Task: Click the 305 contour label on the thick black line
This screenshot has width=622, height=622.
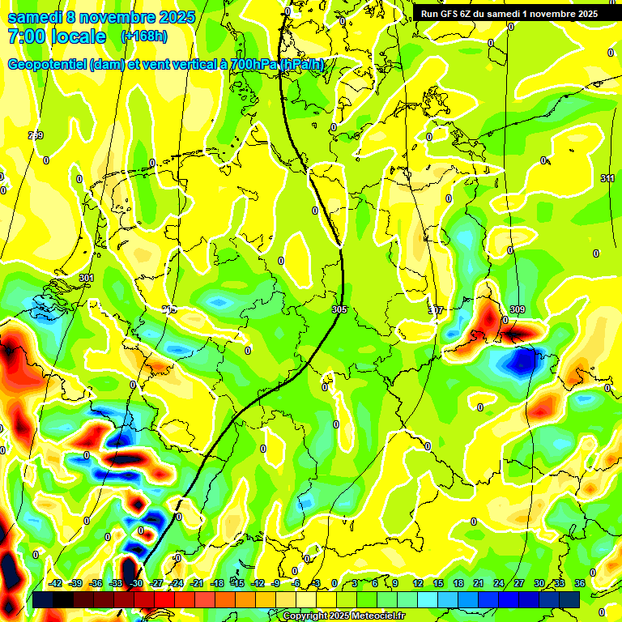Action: click(339, 310)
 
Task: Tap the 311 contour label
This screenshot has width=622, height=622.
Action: click(607, 178)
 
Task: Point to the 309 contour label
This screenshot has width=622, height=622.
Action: click(518, 310)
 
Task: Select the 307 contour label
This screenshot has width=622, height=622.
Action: click(436, 310)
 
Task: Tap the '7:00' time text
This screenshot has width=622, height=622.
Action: click(30, 36)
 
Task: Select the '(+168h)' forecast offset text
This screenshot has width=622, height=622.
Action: click(143, 36)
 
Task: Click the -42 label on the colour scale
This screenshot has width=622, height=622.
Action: click(55, 583)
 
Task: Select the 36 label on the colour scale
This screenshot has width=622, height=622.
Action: click(580, 583)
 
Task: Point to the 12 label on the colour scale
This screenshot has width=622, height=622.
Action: click(418, 583)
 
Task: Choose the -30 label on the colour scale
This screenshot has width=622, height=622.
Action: click(136, 583)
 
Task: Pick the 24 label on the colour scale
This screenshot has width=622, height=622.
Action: click(499, 583)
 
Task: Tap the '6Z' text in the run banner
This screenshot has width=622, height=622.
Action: click(476, 14)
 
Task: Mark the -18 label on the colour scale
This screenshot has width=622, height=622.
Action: click(217, 583)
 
